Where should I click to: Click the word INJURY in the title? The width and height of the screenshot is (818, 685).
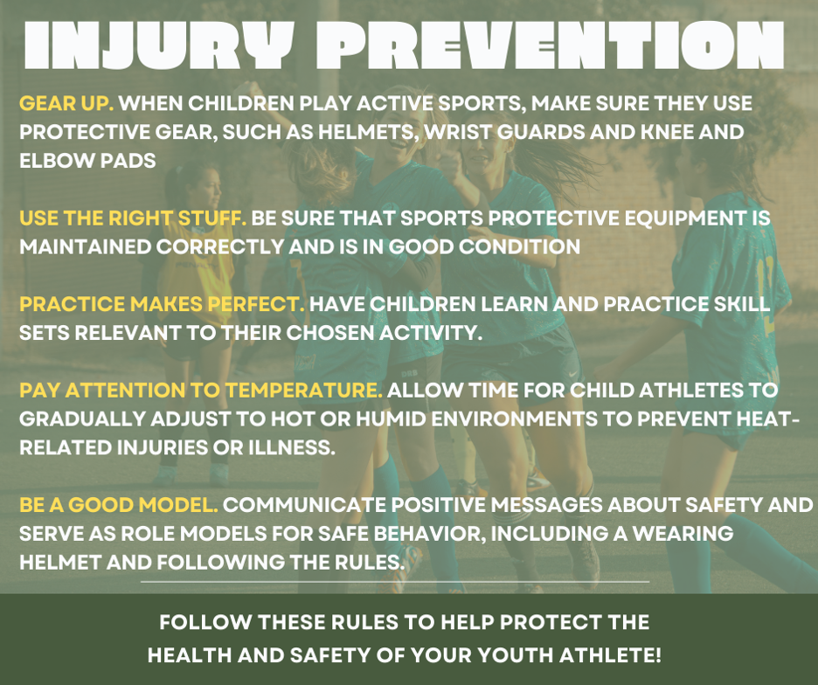tap(157, 46)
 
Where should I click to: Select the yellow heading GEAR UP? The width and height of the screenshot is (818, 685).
tap(66, 103)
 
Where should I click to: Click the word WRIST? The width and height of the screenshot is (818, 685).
tap(457, 132)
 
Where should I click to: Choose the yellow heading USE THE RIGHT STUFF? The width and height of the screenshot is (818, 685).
tap(133, 218)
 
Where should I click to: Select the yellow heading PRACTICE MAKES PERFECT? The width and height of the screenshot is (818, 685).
tap(162, 304)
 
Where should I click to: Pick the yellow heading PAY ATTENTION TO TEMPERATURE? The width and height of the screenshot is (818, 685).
tap(201, 391)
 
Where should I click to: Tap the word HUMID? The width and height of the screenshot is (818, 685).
tap(391, 419)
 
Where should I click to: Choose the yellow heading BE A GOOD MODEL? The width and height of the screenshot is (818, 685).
tap(119, 505)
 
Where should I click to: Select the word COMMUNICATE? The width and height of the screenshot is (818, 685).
tap(305, 505)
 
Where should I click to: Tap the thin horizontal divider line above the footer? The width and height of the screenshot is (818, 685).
tap(395, 581)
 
